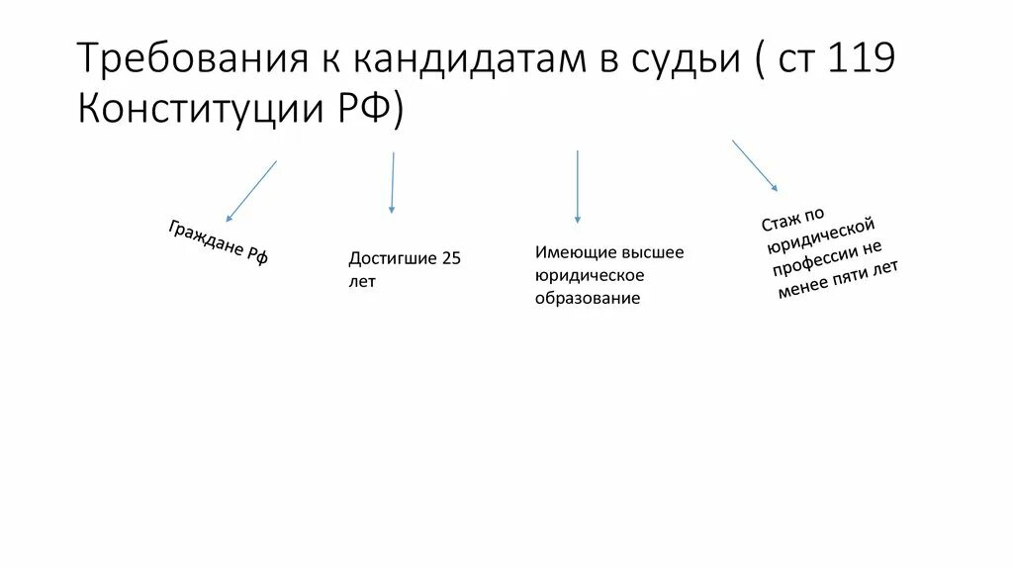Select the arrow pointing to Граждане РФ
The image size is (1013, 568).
(x=251, y=190)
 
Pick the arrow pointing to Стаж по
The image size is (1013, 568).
(x=755, y=165)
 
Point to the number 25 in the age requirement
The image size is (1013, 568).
(x=452, y=259)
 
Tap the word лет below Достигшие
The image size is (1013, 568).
(x=362, y=282)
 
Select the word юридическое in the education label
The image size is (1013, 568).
(x=590, y=275)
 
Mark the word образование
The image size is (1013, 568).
(x=588, y=298)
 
